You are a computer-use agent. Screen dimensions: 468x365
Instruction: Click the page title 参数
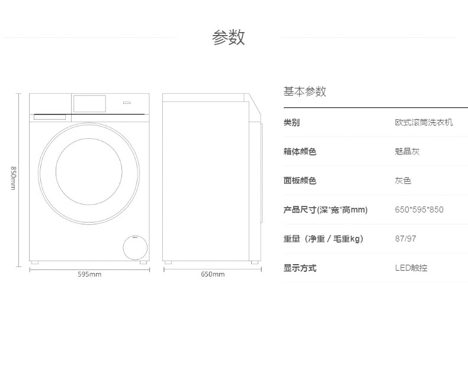pyautogui.click(x=228, y=37)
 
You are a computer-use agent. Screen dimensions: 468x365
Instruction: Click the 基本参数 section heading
pyautogui.click(x=304, y=91)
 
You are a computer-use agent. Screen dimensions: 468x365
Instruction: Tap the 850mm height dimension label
pyautogui.click(x=13, y=178)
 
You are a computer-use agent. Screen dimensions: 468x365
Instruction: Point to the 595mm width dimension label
pyautogui.click(x=89, y=274)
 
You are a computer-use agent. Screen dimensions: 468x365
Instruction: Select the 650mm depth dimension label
pyautogui.click(x=213, y=274)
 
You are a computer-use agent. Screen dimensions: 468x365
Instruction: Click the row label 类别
pyautogui.click(x=291, y=123)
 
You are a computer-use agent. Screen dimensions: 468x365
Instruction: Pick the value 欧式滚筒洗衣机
pyautogui.click(x=424, y=123)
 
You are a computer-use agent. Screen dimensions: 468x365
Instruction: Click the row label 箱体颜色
pyautogui.click(x=300, y=151)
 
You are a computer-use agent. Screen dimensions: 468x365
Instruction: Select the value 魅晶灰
pyautogui.click(x=407, y=151)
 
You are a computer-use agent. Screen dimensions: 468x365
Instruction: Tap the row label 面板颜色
pyautogui.click(x=300, y=180)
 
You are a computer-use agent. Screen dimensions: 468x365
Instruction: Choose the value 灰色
pyautogui.click(x=403, y=180)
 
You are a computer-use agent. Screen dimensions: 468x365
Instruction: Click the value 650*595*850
pyautogui.click(x=419, y=210)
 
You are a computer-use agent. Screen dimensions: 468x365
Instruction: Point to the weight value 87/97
pyautogui.click(x=405, y=239)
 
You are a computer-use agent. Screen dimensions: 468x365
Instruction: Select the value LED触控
pyautogui.click(x=411, y=268)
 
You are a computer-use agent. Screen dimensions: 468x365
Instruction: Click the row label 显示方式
pyautogui.click(x=300, y=268)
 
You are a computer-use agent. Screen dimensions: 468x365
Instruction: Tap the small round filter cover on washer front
pyautogui.click(x=135, y=247)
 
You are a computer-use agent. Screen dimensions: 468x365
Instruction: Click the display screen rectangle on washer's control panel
pyautogui.click(x=89, y=104)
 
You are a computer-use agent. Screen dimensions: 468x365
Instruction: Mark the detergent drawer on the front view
pyautogui.click(x=50, y=117)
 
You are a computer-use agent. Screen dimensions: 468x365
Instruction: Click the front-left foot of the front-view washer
pyautogui.click(x=34, y=262)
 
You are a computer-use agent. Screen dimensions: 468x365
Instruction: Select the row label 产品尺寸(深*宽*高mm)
pyautogui.click(x=325, y=210)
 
